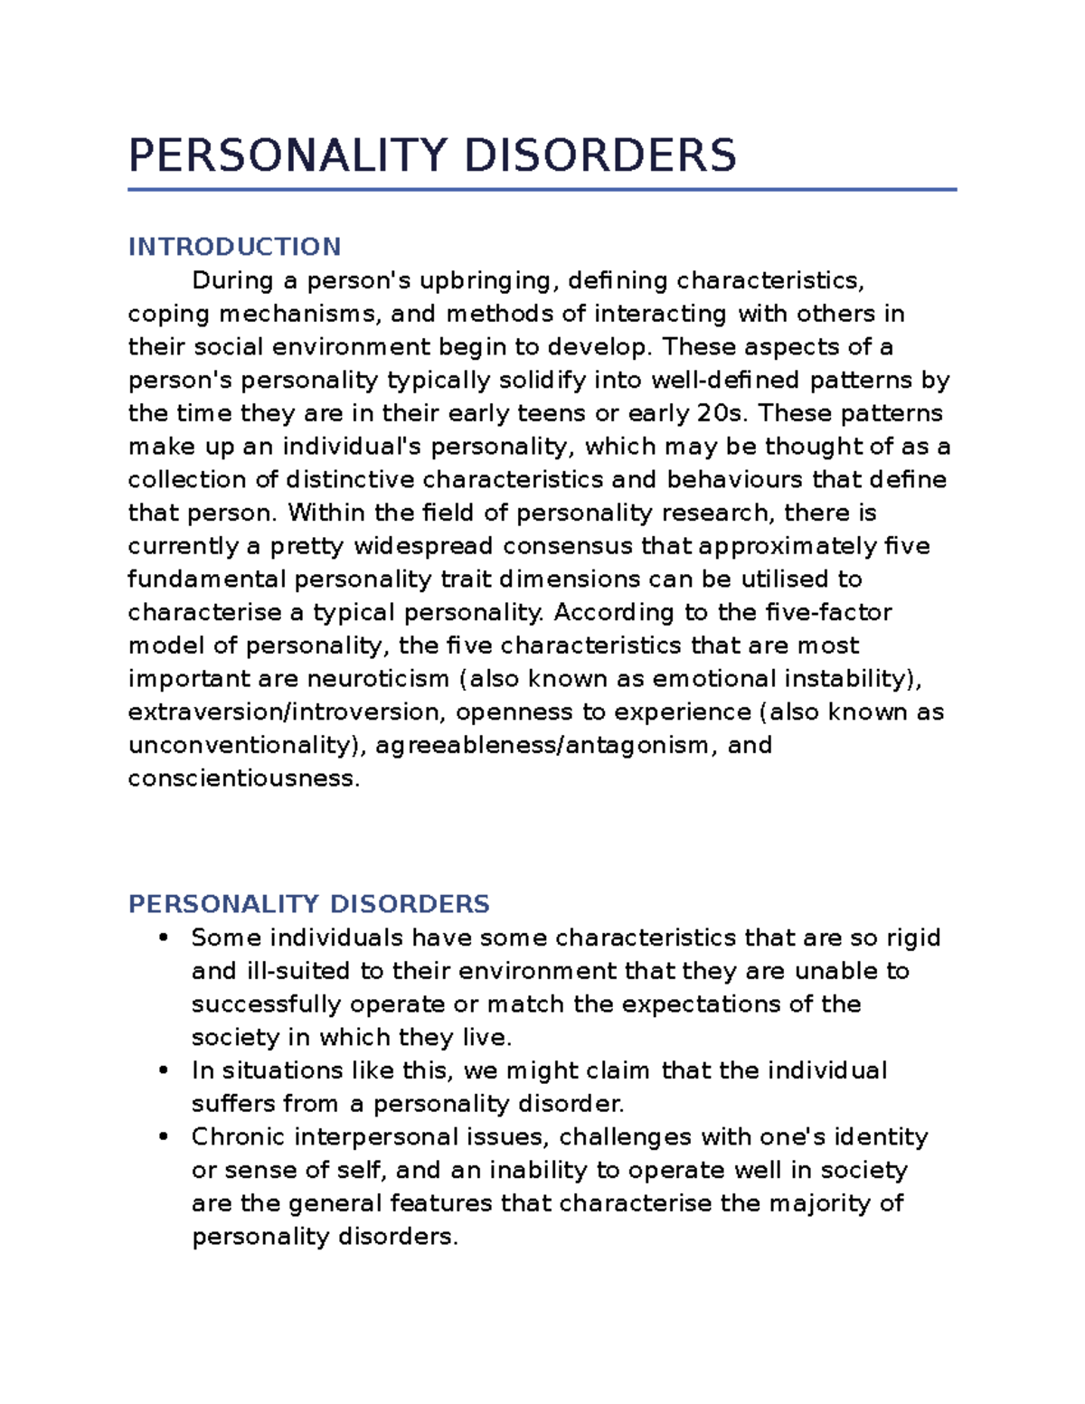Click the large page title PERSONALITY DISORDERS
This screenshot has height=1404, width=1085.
coord(432,155)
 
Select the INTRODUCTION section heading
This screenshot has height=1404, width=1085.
coord(234,247)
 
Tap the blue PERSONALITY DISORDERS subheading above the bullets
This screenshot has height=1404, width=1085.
coord(308,904)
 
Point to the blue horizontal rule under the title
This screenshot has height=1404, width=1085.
coord(542,190)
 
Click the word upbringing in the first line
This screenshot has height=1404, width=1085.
coord(486,281)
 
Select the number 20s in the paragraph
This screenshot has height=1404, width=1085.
coord(723,414)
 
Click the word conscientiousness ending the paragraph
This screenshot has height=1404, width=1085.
coord(243,779)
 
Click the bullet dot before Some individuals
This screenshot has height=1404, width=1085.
coord(164,938)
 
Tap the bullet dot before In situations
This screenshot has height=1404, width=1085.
coord(164,1070)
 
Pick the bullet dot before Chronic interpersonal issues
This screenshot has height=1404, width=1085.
coord(164,1136)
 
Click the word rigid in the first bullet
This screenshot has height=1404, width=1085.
coord(912,938)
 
